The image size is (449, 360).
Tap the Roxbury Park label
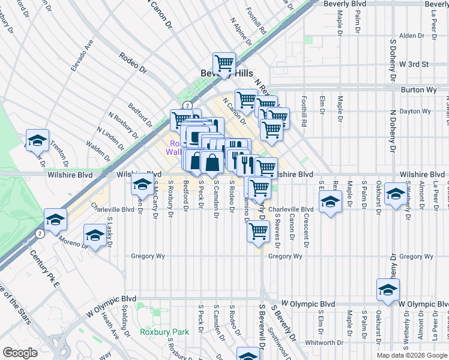[x=164, y=331]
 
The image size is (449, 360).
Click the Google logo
[x=20, y=353]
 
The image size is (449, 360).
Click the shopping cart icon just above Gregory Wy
[x=258, y=230]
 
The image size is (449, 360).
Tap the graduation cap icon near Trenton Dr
[x=37, y=140]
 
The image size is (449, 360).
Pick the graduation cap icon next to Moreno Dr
[x=95, y=235]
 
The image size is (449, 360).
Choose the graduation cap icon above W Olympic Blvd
[x=388, y=290]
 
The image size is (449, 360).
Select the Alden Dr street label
[x=412, y=36]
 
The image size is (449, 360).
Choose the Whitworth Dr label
[x=324, y=343]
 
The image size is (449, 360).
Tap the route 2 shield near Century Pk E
[x=40, y=232]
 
